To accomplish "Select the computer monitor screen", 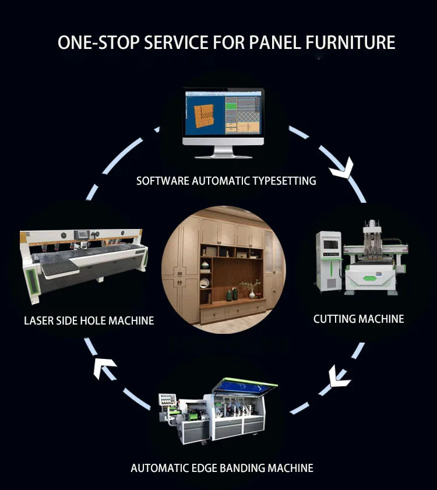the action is (223, 114).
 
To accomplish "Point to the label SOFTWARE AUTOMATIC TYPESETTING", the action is (226, 181).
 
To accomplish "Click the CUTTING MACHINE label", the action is (358, 319).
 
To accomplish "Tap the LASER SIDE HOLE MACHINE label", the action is (89, 320).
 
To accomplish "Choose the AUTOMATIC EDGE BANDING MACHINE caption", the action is (222, 468).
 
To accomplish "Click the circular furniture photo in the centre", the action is (224, 269).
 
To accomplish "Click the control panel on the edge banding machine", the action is (169, 400).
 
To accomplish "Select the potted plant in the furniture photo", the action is (252, 287).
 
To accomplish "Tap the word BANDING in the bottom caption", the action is (241, 468).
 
